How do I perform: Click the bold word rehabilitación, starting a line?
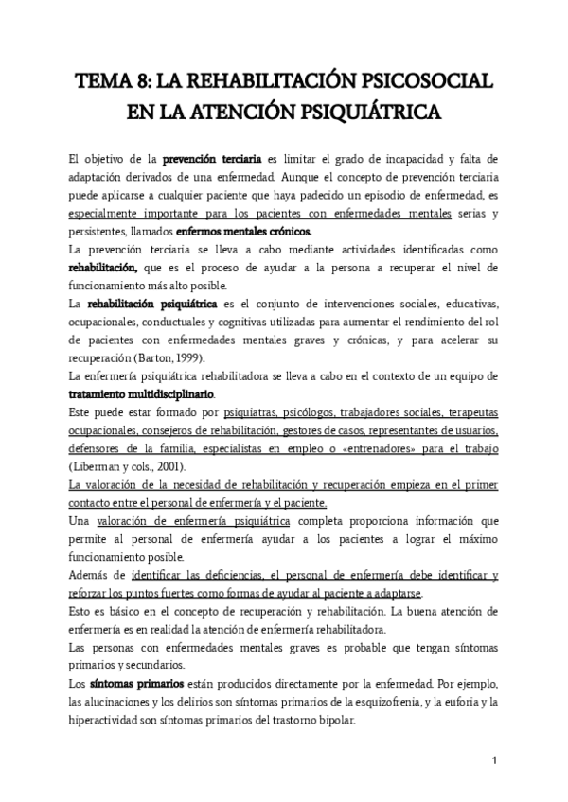[x=104, y=268]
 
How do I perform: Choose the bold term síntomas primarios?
[x=136, y=682]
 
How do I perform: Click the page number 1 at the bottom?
[x=494, y=760]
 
